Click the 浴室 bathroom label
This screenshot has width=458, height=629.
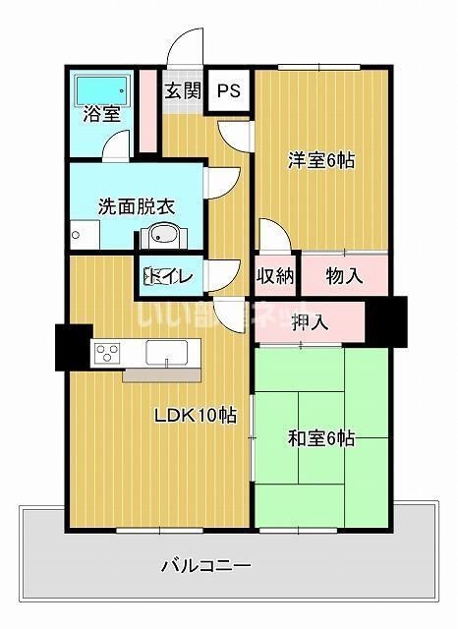(101, 112)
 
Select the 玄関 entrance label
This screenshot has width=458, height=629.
(182, 92)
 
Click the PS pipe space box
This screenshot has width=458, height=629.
(229, 91)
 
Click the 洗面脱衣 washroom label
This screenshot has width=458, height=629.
(136, 207)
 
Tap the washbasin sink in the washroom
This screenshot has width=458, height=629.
(160, 237)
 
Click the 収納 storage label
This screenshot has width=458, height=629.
(276, 276)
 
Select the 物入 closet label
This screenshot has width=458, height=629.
(344, 276)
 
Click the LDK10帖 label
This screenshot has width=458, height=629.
(194, 416)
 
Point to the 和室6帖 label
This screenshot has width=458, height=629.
(320, 439)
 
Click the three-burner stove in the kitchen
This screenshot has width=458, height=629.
(106, 352)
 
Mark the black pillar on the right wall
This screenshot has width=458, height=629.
(391, 319)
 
